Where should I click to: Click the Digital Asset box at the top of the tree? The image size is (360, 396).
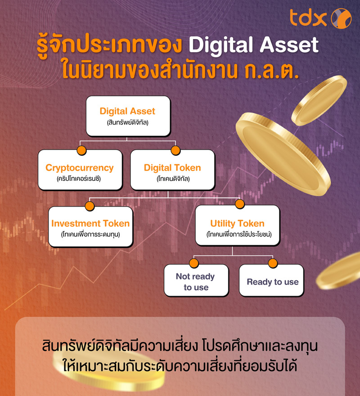128,116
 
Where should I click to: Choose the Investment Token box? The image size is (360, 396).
90,227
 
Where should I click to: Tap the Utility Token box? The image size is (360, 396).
237,227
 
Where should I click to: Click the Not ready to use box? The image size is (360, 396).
196,281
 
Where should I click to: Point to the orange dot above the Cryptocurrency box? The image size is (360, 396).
81,150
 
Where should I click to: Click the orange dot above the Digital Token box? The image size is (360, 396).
175,150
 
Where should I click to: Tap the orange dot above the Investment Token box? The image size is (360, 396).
89,207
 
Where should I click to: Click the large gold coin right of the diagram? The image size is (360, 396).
283,153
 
